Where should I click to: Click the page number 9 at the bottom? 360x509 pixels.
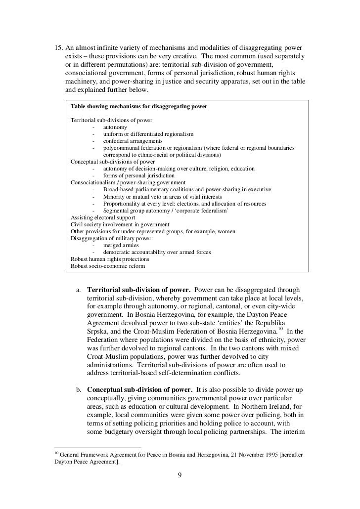(180, 475)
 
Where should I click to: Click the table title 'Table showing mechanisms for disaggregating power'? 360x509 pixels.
(139, 106)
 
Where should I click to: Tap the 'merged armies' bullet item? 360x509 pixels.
(121, 245)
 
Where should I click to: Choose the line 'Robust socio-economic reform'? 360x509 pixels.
(108, 266)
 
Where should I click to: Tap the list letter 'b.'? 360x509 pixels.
(79, 390)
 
